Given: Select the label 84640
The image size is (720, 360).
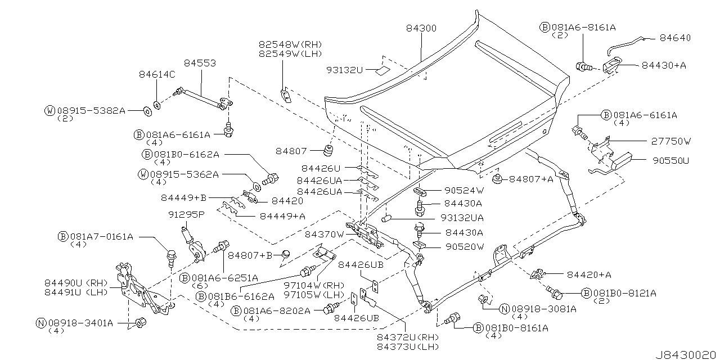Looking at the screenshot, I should coord(675,38).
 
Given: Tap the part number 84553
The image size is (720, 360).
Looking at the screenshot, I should coord(199,64).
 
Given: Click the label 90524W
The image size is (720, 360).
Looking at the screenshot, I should coord(463,190).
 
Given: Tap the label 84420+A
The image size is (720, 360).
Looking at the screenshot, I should coord(589,274).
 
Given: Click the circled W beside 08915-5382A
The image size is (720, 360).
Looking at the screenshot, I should coord(50,110).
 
